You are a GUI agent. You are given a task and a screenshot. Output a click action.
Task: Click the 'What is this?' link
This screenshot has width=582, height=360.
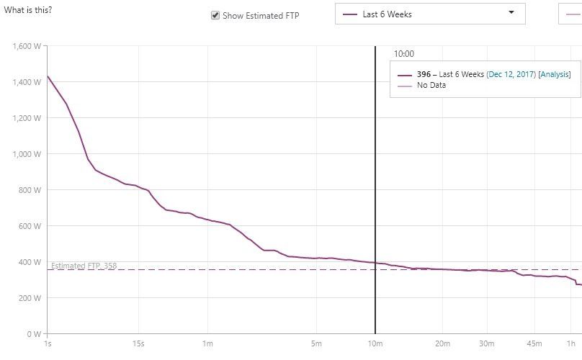click(28, 11)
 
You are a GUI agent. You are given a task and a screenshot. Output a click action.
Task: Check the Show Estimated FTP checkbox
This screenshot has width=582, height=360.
click(215, 15)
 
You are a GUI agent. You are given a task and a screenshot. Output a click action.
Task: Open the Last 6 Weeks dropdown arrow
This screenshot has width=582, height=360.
click(511, 13)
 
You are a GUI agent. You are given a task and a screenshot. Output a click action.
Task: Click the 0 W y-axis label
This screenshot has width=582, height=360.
click(34, 334)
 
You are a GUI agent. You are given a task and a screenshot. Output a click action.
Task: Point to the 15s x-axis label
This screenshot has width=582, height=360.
click(139, 343)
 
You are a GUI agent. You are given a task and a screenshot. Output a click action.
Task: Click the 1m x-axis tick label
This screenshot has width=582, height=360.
click(207, 343)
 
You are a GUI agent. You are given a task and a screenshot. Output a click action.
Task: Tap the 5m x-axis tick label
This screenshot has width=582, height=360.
click(316, 343)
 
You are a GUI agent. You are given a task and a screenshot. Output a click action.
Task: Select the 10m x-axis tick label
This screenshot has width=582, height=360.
click(375, 343)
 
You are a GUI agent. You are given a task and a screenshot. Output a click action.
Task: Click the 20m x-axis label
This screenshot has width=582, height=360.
click(442, 343)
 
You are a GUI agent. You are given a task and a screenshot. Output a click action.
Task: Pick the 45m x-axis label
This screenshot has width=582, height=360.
click(534, 343)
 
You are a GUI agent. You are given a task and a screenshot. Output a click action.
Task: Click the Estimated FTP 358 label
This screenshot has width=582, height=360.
click(84, 266)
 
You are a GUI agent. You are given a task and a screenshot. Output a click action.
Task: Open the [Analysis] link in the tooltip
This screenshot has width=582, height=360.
click(554, 74)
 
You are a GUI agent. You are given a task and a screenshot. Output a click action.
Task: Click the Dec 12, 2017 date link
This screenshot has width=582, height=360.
click(511, 74)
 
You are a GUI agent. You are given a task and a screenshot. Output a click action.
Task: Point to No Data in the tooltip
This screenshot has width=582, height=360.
click(431, 86)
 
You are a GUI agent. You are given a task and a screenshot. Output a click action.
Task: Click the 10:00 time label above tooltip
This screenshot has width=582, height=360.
click(403, 54)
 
